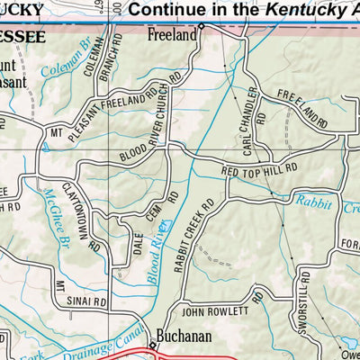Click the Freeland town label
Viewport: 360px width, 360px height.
(171, 36)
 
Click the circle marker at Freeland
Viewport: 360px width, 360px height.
(202, 27)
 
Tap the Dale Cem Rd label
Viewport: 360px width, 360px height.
(145, 231)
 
